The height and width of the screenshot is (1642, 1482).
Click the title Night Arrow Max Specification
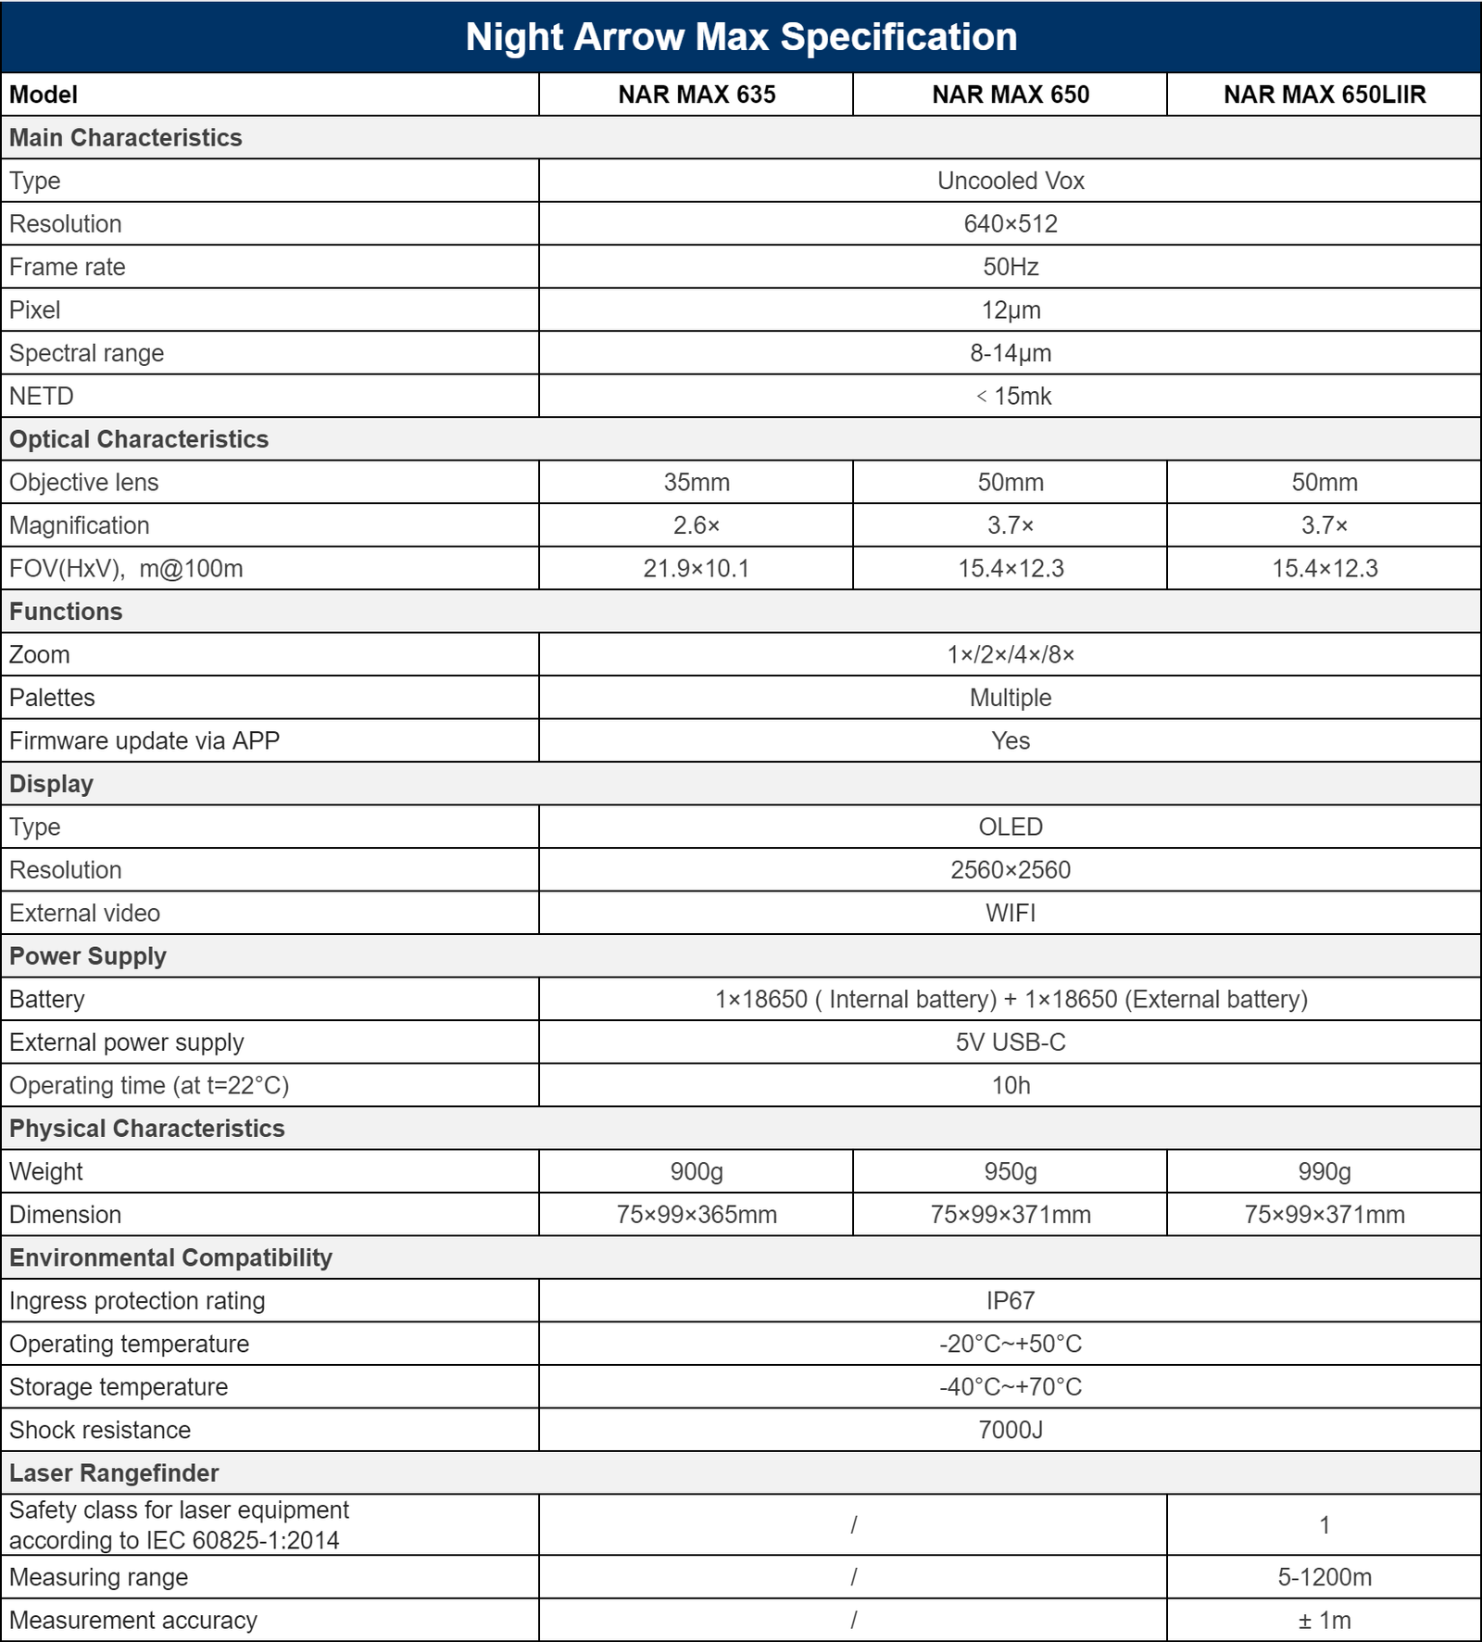pyautogui.click(x=741, y=37)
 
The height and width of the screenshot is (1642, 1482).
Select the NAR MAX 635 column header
pyautogui.click(x=697, y=95)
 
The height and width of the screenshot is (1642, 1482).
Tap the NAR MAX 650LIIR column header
pyautogui.click(x=1325, y=95)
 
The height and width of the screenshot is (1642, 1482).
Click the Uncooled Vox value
pyautogui.click(x=1011, y=181)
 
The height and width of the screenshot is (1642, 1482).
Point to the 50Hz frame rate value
pyautogui.click(x=1011, y=267)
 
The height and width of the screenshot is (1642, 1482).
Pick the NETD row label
pyautogui.click(x=42, y=397)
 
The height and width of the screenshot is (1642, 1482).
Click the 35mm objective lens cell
pyautogui.click(x=697, y=483)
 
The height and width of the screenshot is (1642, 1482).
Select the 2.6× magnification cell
pyautogui.click(x=697, y=525)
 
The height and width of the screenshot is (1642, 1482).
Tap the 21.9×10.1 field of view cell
pyautogui.click(x=697, y=569)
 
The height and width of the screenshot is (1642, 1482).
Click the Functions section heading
pyautogui.click(x=66, y=612)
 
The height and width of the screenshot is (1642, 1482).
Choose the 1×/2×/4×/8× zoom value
pyautogui.click(x=1011, y=655)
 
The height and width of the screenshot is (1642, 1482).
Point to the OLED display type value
pyautogui.click(x=1011, y=827)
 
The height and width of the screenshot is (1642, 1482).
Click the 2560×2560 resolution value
pyautogui.click(x=1011, y=870)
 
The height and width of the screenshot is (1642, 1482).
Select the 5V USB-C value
pyautogui.click(x=1011, y=1042)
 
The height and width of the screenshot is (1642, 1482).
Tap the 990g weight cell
pyautogui.click(x=1325, y=1172)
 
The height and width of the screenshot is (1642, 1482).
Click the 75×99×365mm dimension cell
pyautogui.click(x=697, y=1215)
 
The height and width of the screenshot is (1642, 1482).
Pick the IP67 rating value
pyautogui.click(x=1011, y=1301)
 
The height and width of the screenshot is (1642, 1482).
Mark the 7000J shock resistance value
pyautogui.click(x=1011, y=1431)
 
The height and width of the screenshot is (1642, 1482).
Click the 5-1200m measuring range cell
pyautogui.click(x=1325, y=1577)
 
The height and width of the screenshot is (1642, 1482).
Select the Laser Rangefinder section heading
pyautogui.click(x=114, y=1473)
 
